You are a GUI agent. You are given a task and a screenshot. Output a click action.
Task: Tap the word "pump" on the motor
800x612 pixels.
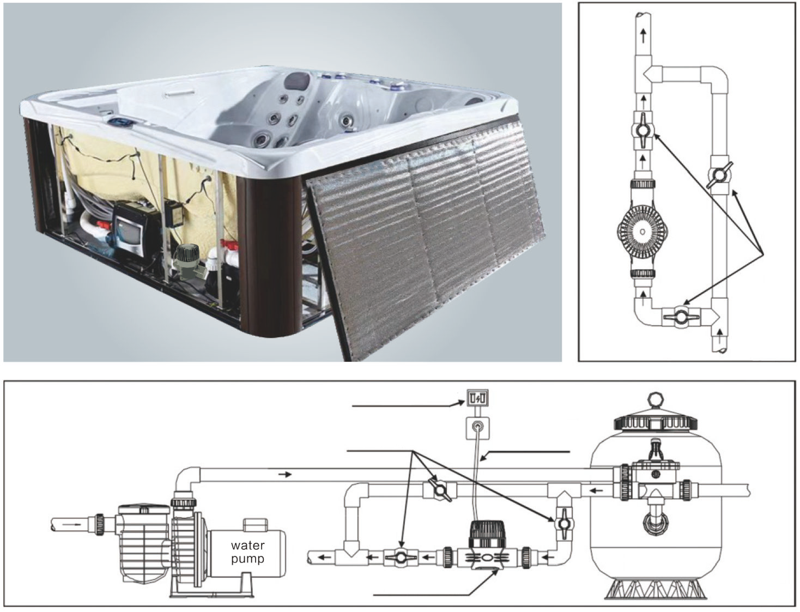(247, 559)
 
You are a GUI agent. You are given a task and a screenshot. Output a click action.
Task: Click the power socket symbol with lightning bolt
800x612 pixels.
(477, 399)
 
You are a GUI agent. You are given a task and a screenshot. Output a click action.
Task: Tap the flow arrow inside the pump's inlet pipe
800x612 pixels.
(71, 525)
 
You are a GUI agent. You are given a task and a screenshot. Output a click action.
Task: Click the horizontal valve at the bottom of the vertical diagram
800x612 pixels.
(682, 317)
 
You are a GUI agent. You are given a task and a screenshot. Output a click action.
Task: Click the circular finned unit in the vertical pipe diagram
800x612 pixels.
(643, 231)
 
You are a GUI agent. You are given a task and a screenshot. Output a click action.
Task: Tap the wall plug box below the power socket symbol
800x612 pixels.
(478, 426)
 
